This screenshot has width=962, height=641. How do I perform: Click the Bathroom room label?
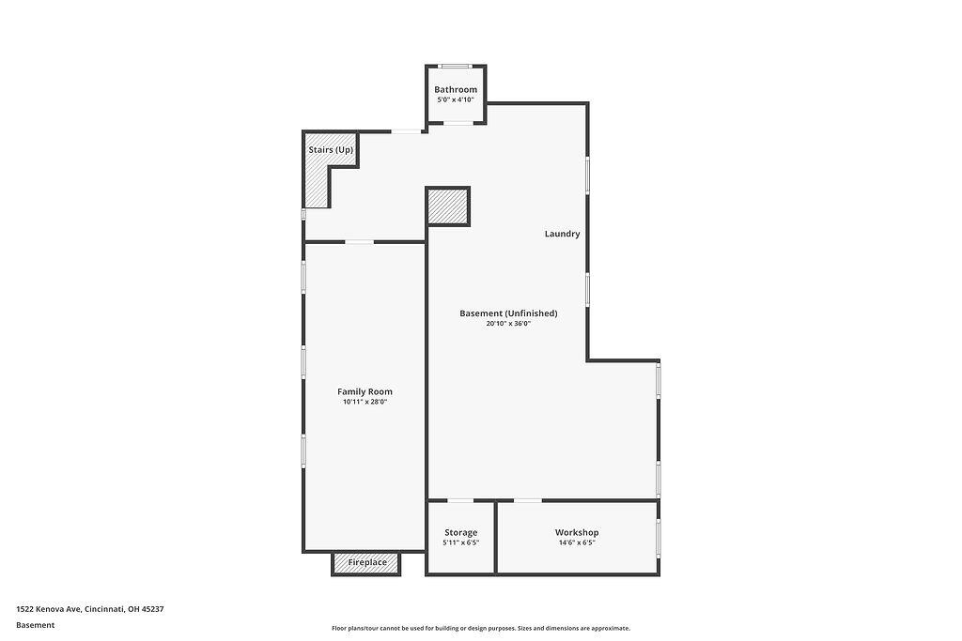(456, 89)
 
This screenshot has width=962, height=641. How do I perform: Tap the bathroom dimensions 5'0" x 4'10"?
(456, 99)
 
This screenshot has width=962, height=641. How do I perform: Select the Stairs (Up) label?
(331, 150)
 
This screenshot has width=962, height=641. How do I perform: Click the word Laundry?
(562, 234)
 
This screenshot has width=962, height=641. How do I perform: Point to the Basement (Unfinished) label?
(508, 313)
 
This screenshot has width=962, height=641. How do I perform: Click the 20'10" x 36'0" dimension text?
(508, 324)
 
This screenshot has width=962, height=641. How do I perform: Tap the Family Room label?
(365, 391)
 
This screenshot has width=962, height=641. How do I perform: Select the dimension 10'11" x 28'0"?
(365, 402)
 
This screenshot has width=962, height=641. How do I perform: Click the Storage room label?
(460, 532)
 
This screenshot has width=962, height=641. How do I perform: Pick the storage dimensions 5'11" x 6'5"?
(460, 542)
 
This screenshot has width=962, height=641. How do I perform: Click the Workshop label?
(577, 532)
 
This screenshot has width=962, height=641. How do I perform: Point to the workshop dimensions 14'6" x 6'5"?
(577, 542)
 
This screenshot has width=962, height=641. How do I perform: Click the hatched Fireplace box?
(366, 563)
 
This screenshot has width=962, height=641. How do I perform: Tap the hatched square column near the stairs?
(448, 206)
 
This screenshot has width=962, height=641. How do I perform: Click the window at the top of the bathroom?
(456, 67)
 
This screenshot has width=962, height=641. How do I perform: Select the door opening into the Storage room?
(460, 500)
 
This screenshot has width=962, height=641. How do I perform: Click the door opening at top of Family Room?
(360, 242)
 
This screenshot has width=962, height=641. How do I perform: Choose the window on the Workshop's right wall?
(659, 539)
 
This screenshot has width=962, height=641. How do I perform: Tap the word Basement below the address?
(35, 625)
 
